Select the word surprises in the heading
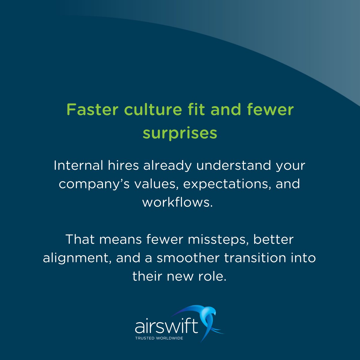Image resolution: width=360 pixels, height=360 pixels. [180, 133]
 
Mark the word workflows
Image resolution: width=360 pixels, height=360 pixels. [177, 202]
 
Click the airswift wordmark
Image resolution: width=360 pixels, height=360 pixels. [167, 327]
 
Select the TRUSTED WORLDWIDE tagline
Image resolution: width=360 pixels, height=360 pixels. [159, 338]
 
